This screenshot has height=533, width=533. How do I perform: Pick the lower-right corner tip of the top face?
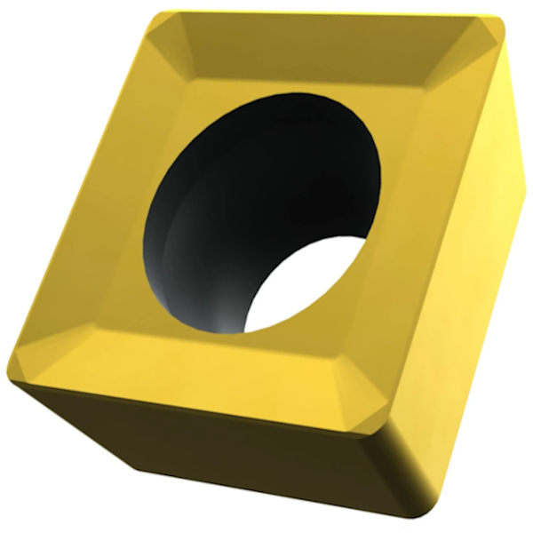[387, 426]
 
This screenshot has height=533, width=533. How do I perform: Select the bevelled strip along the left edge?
[98, 195]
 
